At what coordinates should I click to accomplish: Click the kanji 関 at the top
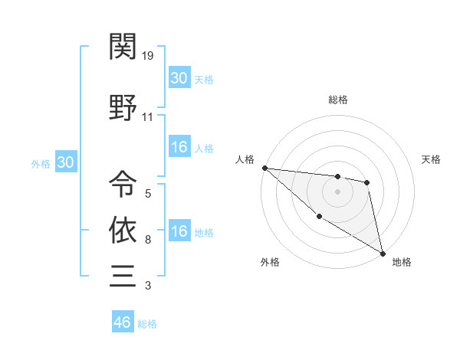(123, 48)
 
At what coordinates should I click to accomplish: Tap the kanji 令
(123, 183)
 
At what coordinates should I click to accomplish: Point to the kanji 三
(123, 275)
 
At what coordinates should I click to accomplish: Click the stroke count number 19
(149, 56)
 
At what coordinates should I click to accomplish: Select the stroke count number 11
(148, 117)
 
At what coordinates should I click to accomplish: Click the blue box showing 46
(122, 322)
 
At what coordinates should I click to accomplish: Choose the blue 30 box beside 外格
(65, 162)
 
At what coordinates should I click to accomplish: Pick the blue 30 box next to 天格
(179, 78)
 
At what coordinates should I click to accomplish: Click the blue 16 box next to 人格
(179, 148)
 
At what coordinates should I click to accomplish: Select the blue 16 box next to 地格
(179, 232)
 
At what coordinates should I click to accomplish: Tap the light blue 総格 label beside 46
(147, 324)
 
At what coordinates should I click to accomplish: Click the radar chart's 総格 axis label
(337, 100)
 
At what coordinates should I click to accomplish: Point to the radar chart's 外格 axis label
(270, 263)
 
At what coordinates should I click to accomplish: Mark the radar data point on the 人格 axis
(264, 168)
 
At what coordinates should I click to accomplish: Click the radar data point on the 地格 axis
(383, 252)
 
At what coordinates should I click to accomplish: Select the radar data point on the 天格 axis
(367, 182)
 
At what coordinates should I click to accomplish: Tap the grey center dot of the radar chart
(337, 191)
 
